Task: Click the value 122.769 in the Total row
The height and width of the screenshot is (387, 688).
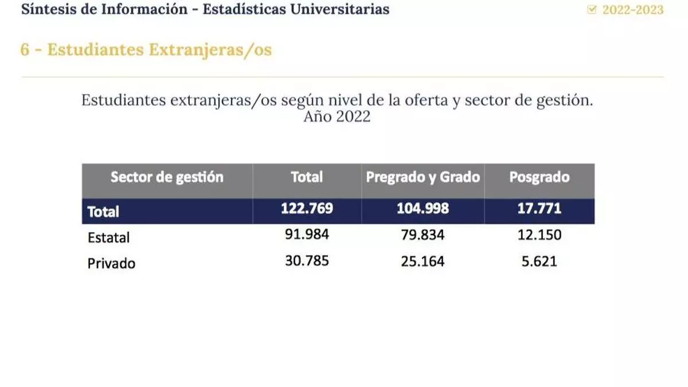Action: tap(307, 209)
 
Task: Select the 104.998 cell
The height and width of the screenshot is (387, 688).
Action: tap(423, 209)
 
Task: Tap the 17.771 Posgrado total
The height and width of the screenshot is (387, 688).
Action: tap(540, 209)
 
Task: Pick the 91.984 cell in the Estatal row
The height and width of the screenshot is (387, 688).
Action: tap(307, 235)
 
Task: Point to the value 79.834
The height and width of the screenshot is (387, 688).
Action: tap(423, 235)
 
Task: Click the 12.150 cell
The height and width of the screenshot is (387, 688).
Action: tap(540, 235)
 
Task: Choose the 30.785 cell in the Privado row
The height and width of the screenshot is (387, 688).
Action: tap(307, 261)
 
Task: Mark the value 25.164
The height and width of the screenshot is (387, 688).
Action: tap(423, 261)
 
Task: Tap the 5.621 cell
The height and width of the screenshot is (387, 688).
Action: tap(540, 261)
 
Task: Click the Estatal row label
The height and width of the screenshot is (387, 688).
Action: tap(109, 237)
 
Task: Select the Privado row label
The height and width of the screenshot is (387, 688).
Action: tap(111, 264)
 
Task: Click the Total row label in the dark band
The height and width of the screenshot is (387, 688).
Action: tap(103, 212)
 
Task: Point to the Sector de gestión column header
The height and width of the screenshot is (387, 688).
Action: tap(167, 177)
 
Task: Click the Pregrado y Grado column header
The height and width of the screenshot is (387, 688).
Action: tap(423, 177)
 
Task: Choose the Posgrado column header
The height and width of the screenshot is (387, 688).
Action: tap(540, 177)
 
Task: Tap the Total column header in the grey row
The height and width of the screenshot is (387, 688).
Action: tap(307, 177)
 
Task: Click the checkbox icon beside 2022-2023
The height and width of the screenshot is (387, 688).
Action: tap(592, 10)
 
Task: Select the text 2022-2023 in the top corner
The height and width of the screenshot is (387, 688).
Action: tap(633, 10)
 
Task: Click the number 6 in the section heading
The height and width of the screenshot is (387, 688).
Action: tap(25, 50)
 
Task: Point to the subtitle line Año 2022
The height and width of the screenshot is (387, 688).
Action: tap(337, 116)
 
